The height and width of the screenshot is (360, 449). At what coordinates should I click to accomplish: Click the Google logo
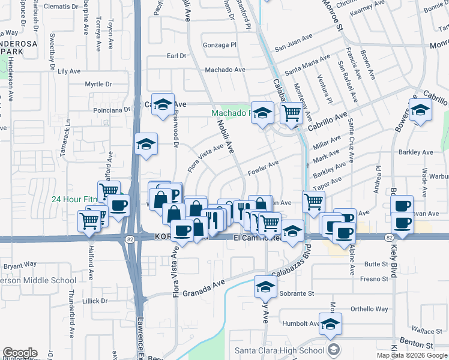(x=20, y=353)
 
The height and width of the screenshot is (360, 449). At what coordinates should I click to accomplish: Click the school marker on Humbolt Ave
(x=330, y=324)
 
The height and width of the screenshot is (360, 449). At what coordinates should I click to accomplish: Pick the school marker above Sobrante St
(x=265, y=286)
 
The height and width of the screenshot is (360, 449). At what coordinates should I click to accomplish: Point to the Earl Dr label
(x=176, y=56)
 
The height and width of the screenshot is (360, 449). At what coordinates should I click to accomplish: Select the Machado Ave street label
(x=225, y=70)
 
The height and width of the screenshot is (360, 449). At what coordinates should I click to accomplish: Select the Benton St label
(x=417, y=346)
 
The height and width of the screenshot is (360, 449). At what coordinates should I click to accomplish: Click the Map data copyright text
(x=412, y=355)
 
